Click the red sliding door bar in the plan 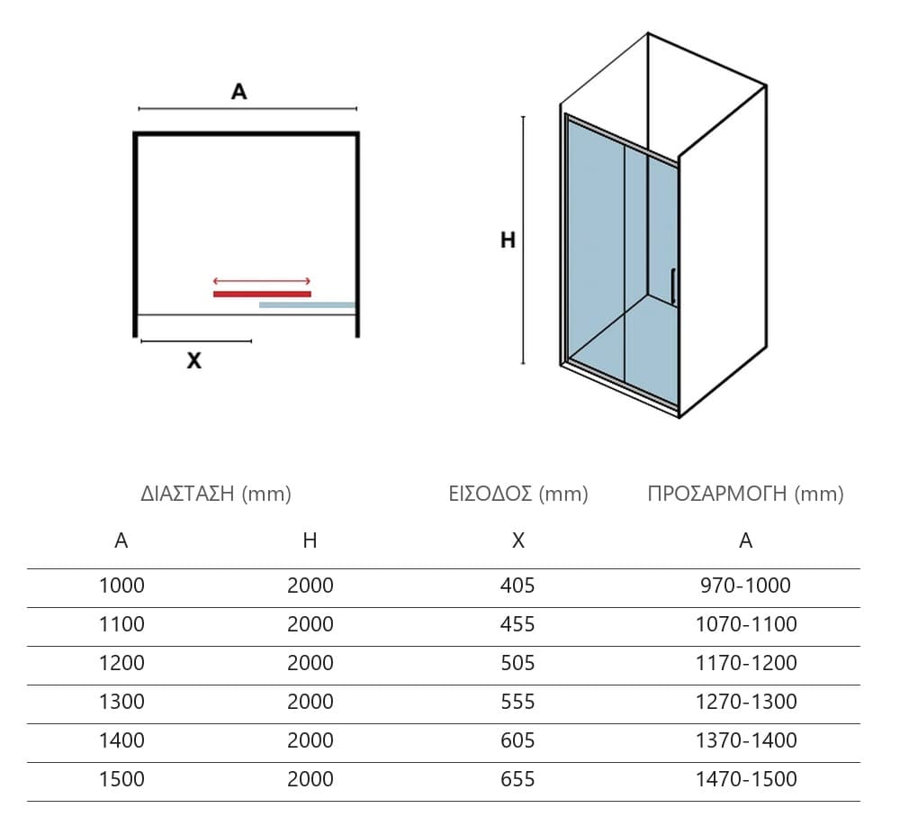click(262, 295)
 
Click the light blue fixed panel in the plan click(307, 305)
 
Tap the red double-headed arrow click(262, 281)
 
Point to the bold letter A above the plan click(238, 91)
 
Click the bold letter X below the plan click(194, 361)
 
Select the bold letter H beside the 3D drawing click(508, 241)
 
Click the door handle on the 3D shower click(672, 286)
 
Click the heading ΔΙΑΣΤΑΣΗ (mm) click(216, 494)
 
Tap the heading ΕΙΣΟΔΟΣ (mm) click(518, 494)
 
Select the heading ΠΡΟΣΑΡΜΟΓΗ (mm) click(745, 494)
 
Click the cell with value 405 click(517, 586)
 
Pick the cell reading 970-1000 click(745, 586)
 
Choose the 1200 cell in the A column click(121, 663)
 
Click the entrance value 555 click(517, 702)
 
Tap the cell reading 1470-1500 click(746, 779)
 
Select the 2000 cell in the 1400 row click(310, 740)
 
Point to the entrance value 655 click(517, 779)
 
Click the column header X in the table click(518, 540)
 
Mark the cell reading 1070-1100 click(746, 624)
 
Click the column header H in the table click(310, 540)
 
